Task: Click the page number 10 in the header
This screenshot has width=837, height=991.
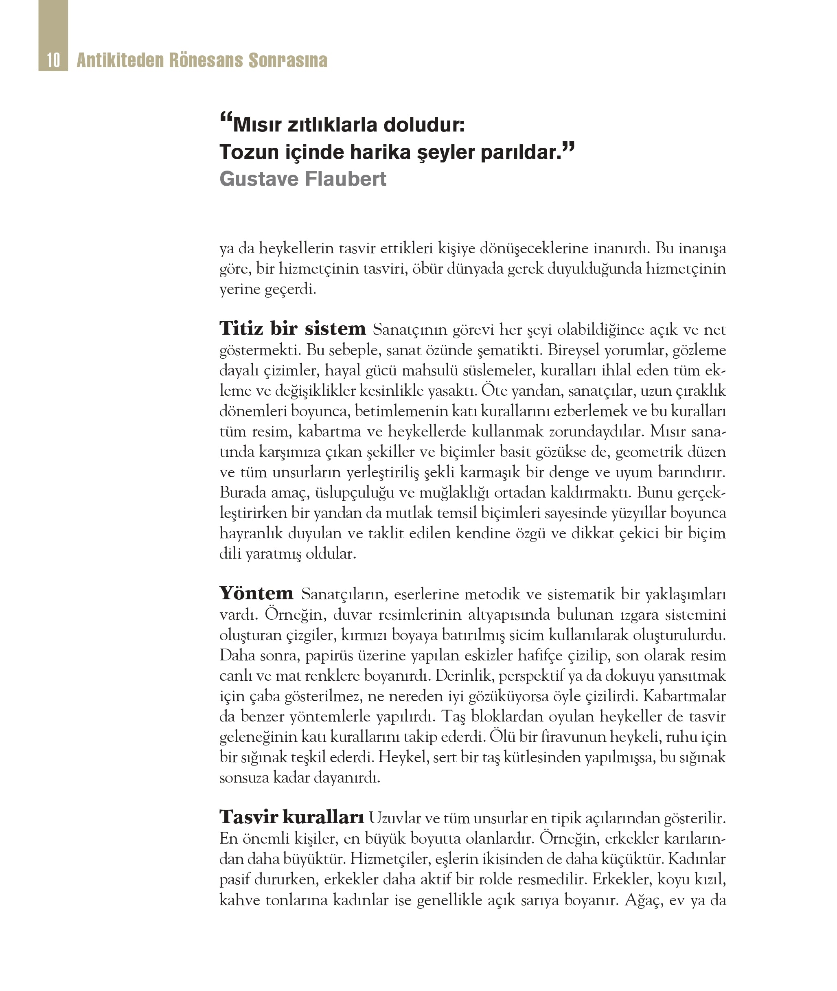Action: [x=53, y=60]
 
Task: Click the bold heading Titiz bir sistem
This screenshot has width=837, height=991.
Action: [x=292, y=329]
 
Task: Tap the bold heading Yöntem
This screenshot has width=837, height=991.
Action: [x=256, y=593]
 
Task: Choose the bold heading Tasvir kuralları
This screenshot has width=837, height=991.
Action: [x=291, y=817]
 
